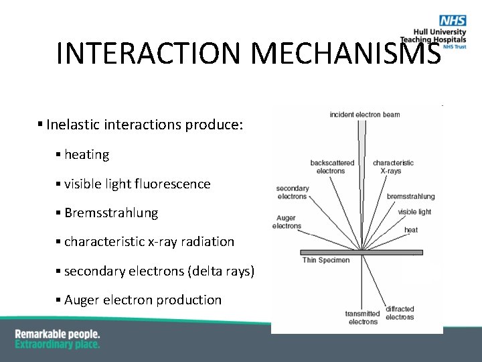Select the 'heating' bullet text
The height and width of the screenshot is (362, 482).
point(86,154)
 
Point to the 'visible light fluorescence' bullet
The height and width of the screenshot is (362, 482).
point(137,184)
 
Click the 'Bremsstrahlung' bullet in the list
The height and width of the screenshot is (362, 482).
point(111,213)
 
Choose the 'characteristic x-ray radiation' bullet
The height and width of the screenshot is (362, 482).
point(149,241)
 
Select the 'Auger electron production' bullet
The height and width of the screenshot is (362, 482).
point(143,300)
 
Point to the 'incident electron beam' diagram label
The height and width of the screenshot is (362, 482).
point(365,115)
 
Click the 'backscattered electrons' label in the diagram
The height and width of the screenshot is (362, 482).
point(332,167)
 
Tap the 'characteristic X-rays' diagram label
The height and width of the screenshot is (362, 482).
point(393,167)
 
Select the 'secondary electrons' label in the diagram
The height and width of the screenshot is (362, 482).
point(293,192)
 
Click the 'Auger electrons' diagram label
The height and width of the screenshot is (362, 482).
point(287,222)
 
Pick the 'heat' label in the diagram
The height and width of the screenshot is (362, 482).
point(411,230)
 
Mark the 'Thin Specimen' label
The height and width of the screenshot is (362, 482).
point(326,260)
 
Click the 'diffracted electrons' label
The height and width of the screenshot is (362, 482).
point(400,313)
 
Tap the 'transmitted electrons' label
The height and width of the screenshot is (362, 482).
point(363,318)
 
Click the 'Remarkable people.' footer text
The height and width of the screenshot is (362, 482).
point(58,333)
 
